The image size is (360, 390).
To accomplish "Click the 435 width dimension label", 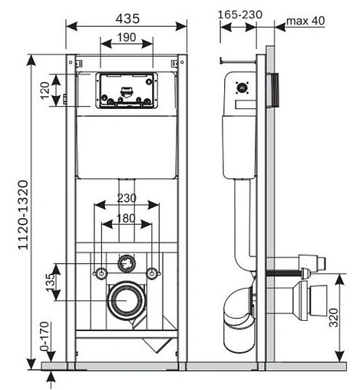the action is click(127, 18).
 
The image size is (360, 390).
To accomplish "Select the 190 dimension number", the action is click(127, 38).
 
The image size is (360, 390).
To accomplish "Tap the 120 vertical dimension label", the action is click(45, 91).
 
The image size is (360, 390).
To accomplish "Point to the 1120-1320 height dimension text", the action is click(23, 215).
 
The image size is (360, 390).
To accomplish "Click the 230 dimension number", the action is click(127, 198).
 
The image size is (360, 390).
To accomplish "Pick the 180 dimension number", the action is click(126, 218).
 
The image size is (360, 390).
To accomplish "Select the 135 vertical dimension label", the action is click(51, 283).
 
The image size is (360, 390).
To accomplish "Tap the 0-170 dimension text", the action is click(45, 336).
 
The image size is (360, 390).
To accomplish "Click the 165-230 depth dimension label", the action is click(240, 15).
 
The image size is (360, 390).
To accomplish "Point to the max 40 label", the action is click(306, 21).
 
